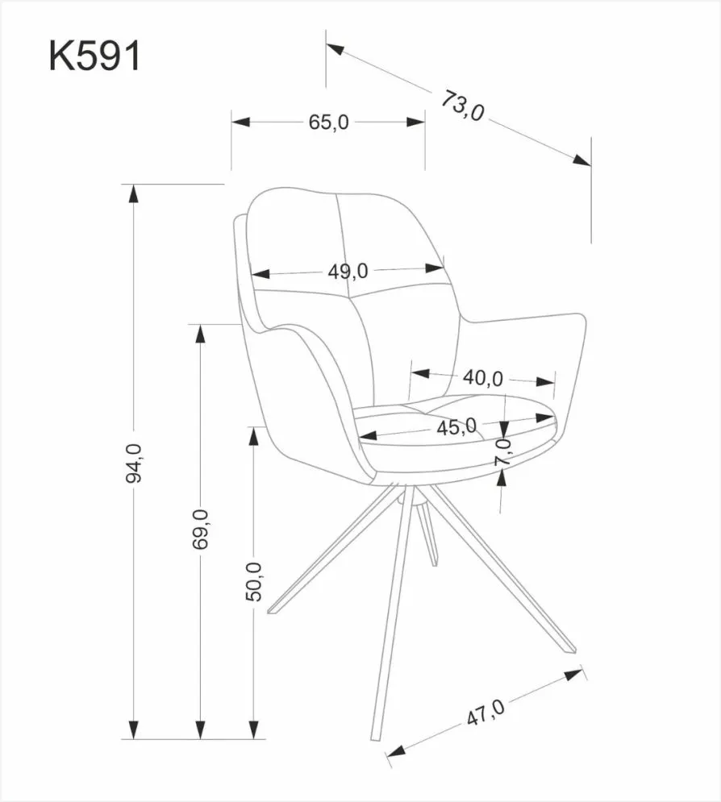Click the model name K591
click(x=95, y=57)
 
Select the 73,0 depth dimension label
click(x=462, y=105)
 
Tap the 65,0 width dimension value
click(x=327, y=123)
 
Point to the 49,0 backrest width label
click(x=348, y=271)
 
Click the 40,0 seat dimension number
click(x=483, y=377)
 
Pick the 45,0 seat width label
click(x=456, y=426)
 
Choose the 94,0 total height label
click(x=133, y=463)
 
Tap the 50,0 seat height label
click(x=254, y=580)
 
